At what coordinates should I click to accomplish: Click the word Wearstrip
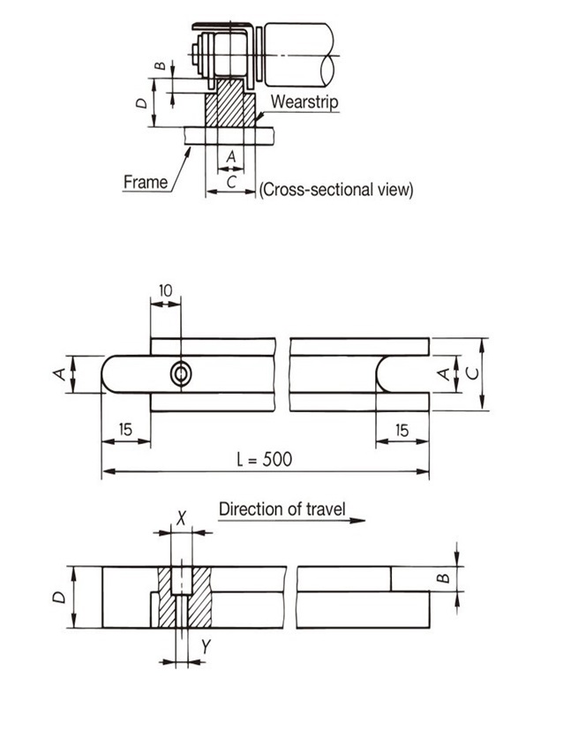point(304,102)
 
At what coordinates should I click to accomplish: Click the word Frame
point(146,182)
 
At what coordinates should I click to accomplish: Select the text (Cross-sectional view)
point(336,189)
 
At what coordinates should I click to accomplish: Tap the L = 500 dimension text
point(264,458)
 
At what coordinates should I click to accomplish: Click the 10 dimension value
point(166,290)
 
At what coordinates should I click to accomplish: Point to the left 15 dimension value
point(124,430)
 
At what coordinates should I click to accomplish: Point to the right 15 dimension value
point(402,430)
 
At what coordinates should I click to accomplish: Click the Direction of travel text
point(281,508)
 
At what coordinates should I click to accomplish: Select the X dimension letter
point(183,517)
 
